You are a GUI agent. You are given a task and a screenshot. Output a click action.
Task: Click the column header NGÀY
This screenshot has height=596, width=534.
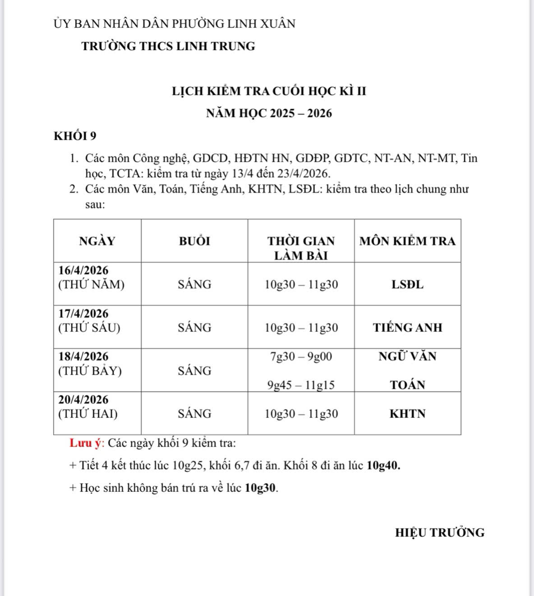(97, 241)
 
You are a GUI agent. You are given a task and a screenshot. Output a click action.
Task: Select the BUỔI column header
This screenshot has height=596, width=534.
(194, 241)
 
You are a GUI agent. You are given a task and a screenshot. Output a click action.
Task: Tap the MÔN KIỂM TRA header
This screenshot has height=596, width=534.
(407, 241)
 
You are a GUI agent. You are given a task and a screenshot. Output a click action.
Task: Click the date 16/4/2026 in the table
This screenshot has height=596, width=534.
(83, 270)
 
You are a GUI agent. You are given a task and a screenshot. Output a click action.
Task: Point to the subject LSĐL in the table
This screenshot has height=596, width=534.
(407, 284)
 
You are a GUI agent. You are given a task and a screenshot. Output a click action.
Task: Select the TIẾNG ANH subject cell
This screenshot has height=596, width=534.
(407, 328)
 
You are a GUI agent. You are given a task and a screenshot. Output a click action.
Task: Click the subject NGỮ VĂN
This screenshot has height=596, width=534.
(407, 356)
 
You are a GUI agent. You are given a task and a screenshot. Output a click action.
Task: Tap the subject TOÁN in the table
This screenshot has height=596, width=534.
(407, 385)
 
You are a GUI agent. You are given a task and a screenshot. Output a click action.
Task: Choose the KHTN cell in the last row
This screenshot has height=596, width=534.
(407, 414)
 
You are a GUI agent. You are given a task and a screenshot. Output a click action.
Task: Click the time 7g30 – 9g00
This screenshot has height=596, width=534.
(301, 357)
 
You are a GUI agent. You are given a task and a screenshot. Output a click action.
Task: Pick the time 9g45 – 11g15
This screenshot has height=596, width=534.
(301, 385)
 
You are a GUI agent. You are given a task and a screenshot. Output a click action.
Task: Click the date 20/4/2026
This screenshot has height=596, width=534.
(83, 399)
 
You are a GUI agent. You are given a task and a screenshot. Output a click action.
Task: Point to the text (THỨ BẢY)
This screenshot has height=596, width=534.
(90, 371)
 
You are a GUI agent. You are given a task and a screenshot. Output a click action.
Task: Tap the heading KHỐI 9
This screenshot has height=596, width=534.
(75, 136)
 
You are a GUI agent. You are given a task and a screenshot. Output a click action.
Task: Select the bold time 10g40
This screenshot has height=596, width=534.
(383, 465)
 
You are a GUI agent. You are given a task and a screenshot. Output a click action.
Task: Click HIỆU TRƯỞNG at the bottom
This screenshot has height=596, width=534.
(440, 532)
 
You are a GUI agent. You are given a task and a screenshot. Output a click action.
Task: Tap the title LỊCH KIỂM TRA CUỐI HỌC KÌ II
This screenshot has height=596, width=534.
(269, 91)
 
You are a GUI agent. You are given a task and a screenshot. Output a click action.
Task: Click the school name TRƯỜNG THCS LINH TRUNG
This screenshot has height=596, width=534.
(168, 46)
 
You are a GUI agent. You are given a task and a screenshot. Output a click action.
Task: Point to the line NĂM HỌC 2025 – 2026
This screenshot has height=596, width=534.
(269, 113)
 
